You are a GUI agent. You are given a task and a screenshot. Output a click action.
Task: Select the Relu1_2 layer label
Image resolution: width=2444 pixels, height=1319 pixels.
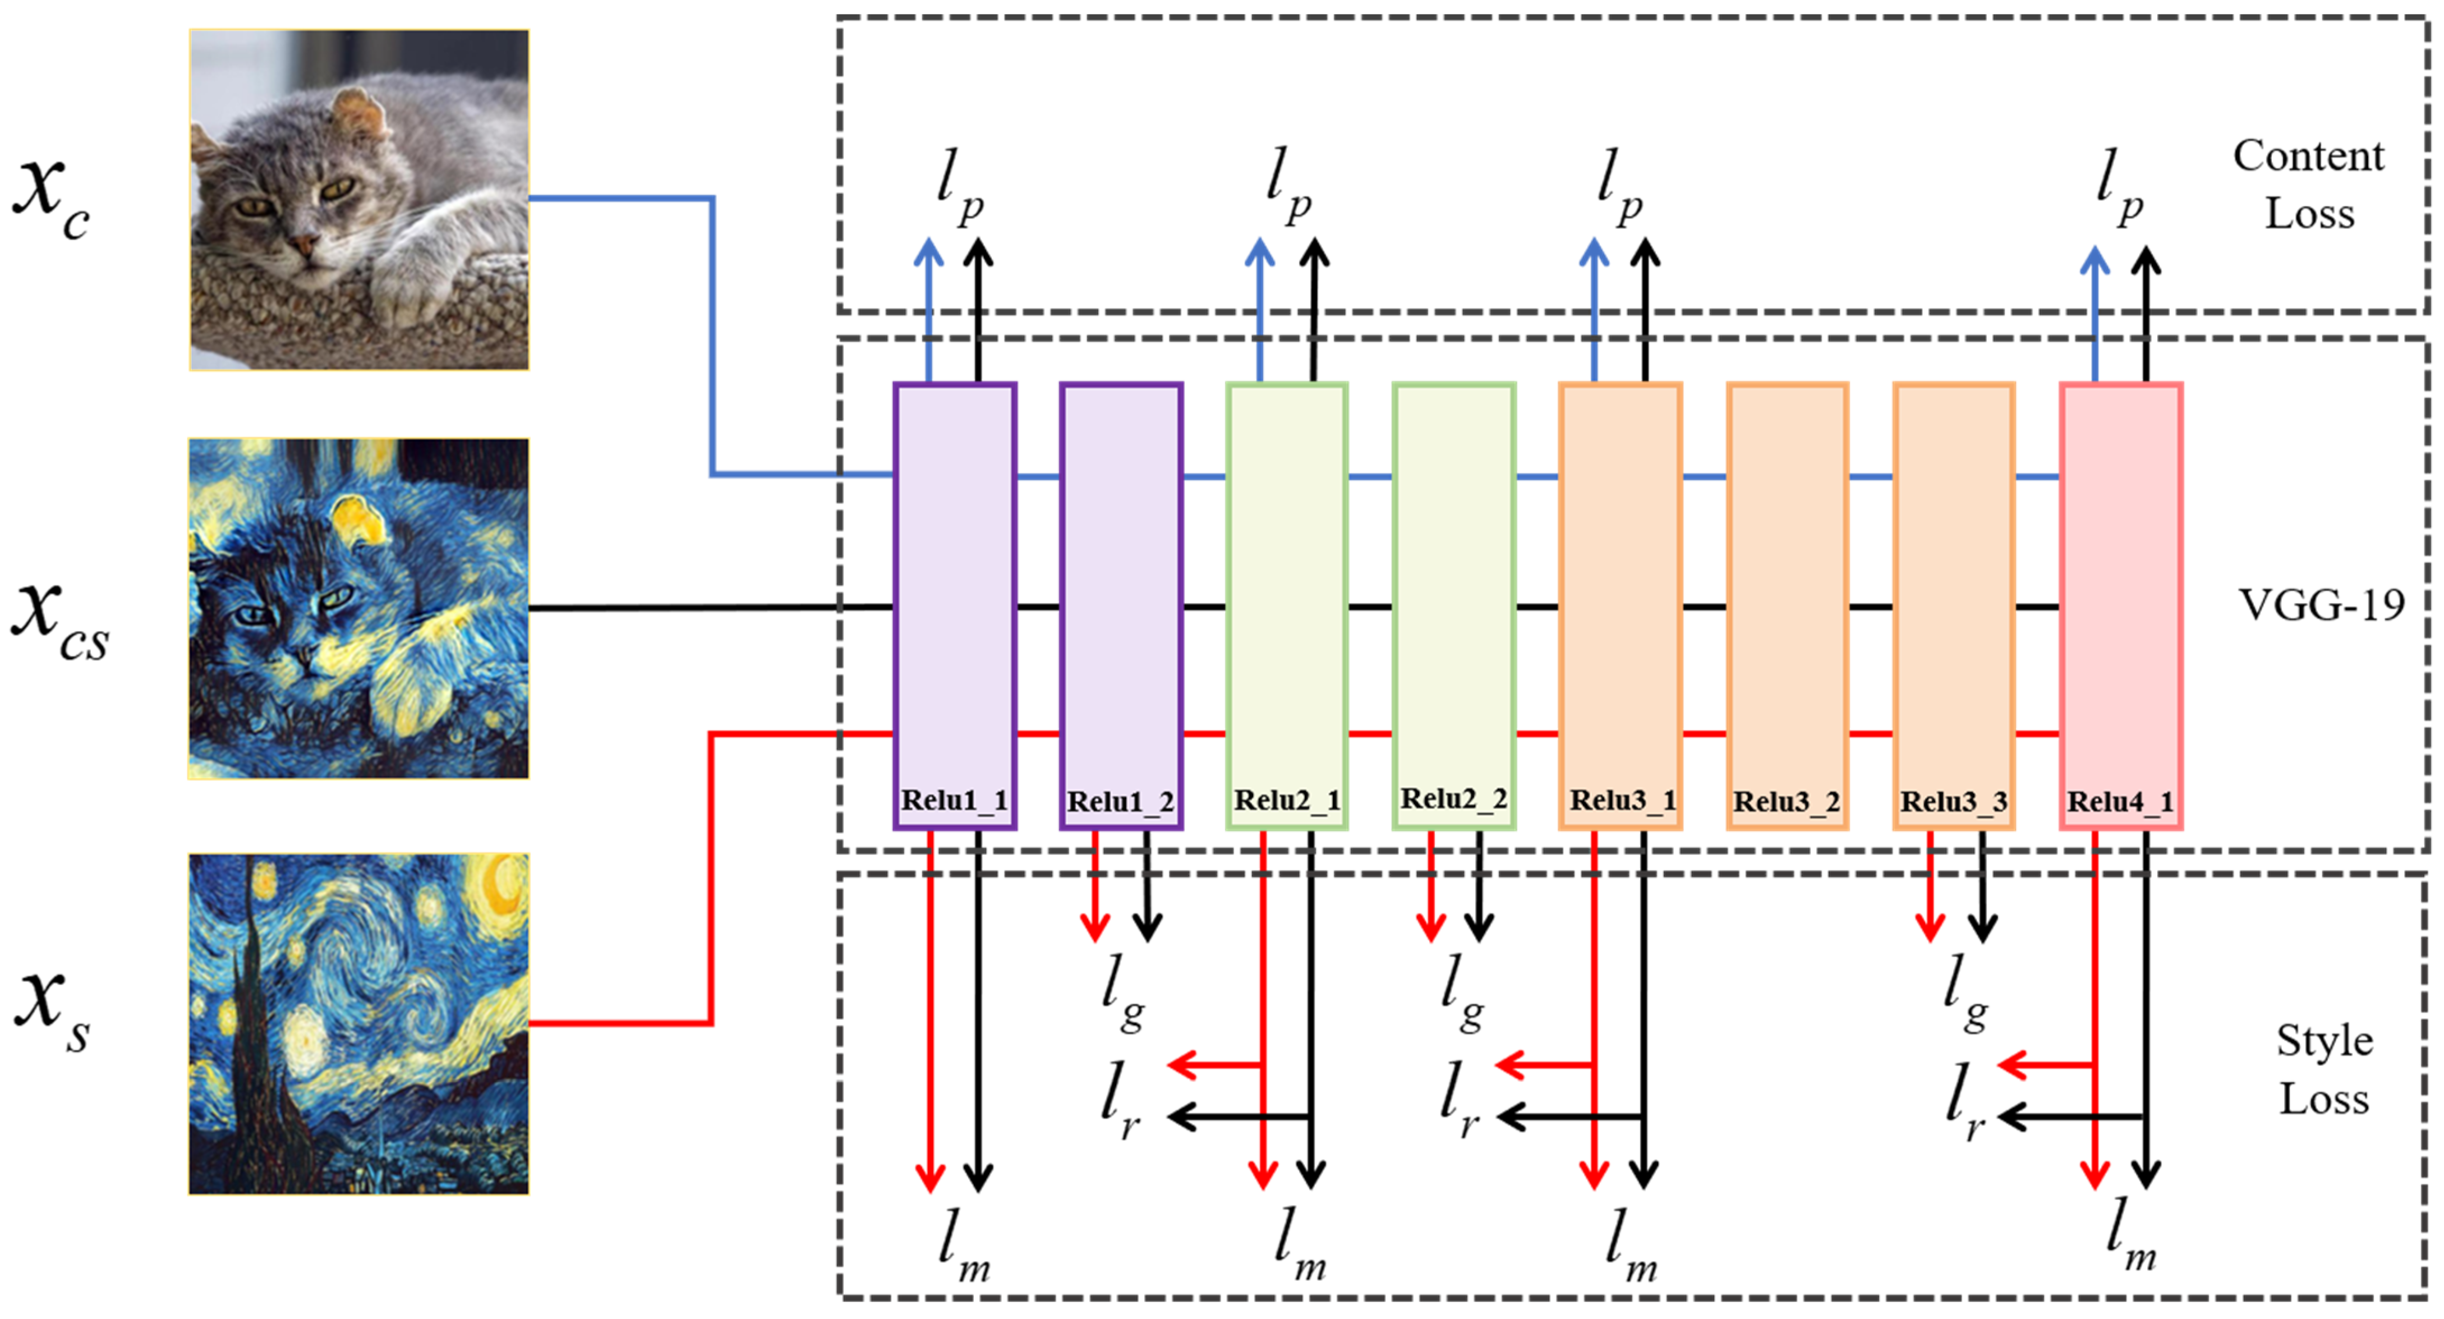click(x=1121, y=802)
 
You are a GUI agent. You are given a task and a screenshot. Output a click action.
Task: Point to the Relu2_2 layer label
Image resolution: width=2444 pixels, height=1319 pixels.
click(x=1453, y=799)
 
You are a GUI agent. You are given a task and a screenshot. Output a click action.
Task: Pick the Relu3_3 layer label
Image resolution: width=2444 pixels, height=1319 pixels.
click(x=1954, y=802)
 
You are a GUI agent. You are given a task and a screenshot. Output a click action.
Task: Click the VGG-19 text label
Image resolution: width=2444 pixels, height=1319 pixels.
click(x=2322, y=604)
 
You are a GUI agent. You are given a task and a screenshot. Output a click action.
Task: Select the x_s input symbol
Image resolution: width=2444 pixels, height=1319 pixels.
click(x=52, y=1010)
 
